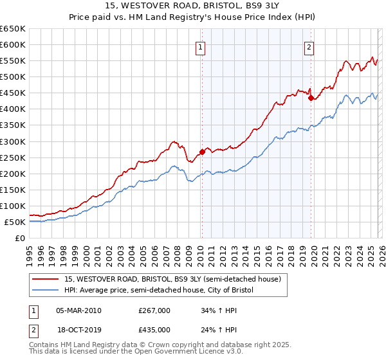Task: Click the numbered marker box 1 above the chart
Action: click(x=201, y=47)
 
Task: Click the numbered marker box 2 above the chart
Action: click(x=309, y=47)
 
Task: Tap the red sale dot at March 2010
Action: click(x=201, y=152)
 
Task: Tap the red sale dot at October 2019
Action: click(x=311, y=98)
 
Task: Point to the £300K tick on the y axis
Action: click(x=13, y=141)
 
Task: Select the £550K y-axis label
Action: click(x=13, y=61)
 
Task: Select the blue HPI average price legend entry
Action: click(x=159, y=291)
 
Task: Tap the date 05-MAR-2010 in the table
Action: click(x=78, y=310)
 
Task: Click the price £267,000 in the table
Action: click(x=154, y=310)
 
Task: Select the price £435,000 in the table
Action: click(x=154, y=330)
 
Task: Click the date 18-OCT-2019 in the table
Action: click(x=78, y=330)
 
